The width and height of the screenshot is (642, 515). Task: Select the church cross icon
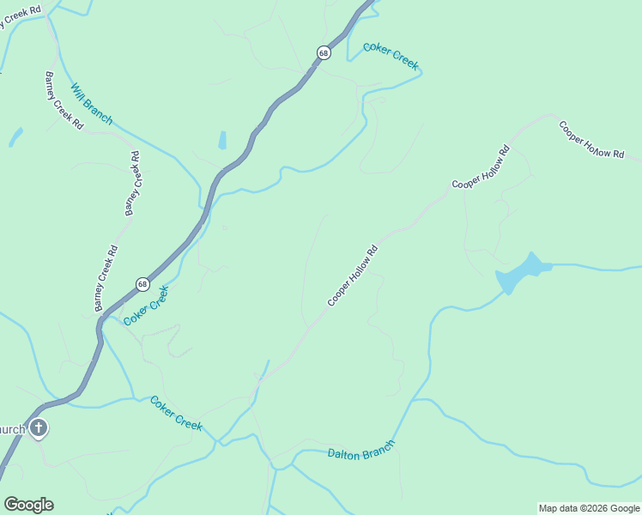point(38,427)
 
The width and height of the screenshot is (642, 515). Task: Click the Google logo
point(28,505)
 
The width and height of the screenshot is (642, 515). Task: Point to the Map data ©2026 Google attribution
point(590,508)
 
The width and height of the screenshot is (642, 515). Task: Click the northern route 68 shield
point(323,52)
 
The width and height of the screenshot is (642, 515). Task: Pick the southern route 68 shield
point(142,284)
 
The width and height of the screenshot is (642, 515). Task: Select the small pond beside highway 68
point(222,140)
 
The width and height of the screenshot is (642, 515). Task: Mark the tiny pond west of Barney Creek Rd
point(15,136)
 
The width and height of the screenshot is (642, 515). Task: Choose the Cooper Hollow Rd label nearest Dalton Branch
point(352,276)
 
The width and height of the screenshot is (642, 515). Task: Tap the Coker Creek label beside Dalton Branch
point(176,413)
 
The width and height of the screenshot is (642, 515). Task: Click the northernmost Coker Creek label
point(391,56)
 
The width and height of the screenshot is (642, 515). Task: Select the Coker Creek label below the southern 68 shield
point(146,306)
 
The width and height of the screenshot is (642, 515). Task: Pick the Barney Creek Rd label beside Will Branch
point(64,100)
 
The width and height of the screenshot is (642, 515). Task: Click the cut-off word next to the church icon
point(11,428)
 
